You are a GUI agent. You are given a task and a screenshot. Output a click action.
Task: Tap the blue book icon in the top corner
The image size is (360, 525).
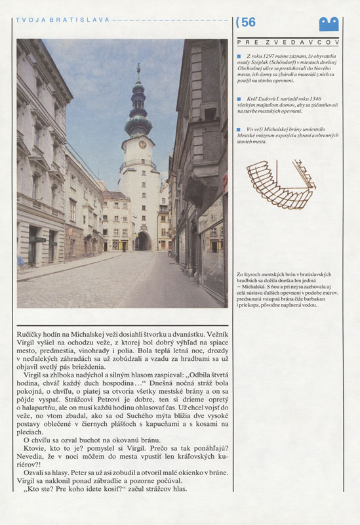[329, 24]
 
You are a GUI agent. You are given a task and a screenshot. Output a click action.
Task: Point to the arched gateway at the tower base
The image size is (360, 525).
[142, 241]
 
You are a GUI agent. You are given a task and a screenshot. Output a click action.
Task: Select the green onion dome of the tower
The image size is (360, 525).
[138, 121]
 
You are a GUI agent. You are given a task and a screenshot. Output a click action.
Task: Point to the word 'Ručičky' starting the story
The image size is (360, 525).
[30, 335]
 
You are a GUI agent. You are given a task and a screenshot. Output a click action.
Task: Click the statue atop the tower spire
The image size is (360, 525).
[138, 69]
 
